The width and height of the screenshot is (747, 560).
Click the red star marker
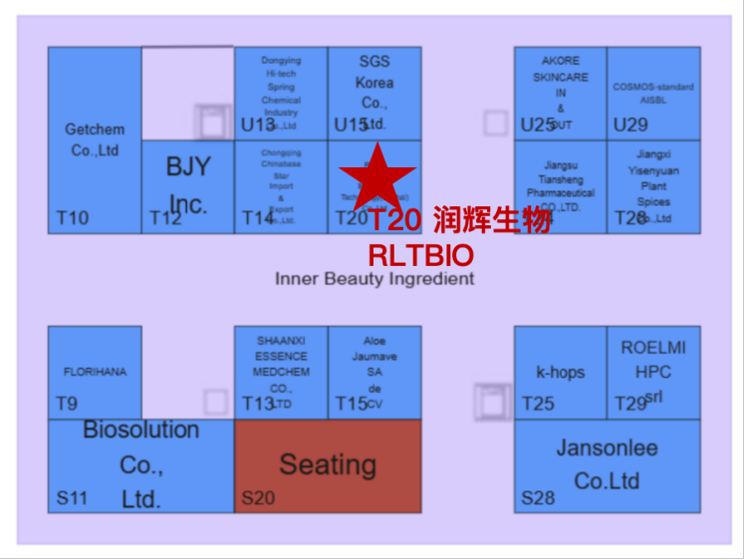click(377, 176)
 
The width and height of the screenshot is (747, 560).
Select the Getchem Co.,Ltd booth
click(94, 140)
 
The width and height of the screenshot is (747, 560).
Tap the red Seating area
click(327, 465)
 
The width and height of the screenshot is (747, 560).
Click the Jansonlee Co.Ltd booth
click(607, 464)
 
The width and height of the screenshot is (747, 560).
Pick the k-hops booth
click(560, 373)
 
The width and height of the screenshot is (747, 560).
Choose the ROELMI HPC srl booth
click(653, 372)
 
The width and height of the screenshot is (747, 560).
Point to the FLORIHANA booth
click(95, 372)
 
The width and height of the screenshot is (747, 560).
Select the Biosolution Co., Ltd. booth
click(140, 464)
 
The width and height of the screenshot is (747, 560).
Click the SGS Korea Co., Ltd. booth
click(374, 92)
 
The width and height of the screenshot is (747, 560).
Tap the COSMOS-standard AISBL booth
click(653, 93)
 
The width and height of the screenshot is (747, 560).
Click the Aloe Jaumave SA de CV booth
click(374, 372)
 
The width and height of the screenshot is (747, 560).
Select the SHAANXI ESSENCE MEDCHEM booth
click(281, 372)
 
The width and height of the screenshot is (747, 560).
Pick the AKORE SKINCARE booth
click(560, 92)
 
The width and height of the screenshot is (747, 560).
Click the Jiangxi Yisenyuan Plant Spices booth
click(653, 186)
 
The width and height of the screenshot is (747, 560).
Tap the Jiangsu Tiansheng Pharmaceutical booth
click(560, 186)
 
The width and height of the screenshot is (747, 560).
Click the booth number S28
click(538, 497)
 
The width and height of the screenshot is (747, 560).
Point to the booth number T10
click(72, 218)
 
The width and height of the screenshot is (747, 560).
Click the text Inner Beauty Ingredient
click(374, 279)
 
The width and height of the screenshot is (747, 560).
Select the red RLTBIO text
click(420, 255)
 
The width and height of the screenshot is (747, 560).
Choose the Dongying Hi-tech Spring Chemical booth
click(281, 92)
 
